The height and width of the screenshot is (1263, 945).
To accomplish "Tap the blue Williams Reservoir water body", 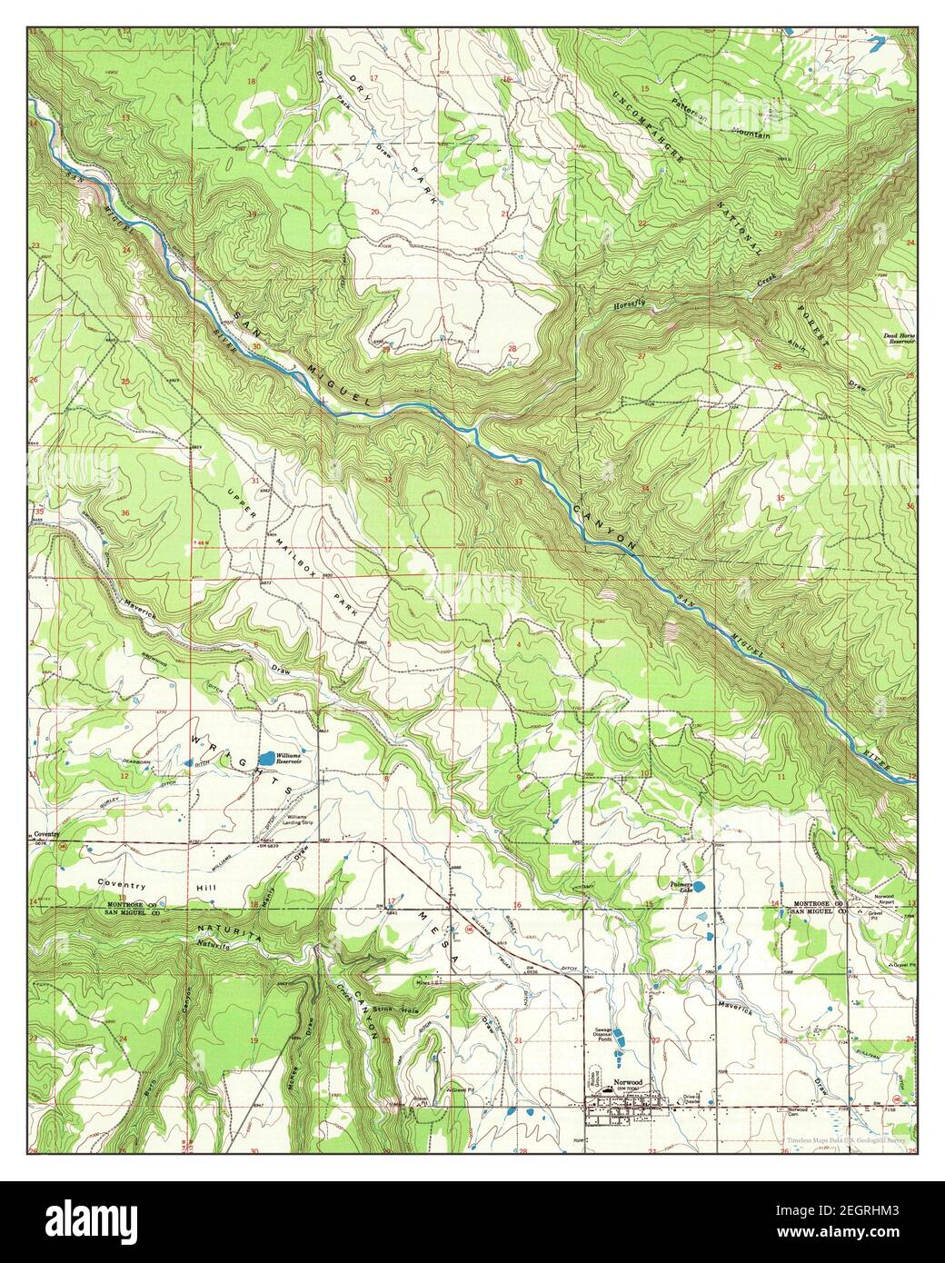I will (x=265, y=758).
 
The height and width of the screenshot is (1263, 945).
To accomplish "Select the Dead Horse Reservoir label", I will (x=899, y=339).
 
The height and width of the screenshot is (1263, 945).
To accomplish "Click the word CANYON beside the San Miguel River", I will (x=602, y=525).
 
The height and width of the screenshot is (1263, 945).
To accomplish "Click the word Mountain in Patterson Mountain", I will (x=747, y=134).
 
